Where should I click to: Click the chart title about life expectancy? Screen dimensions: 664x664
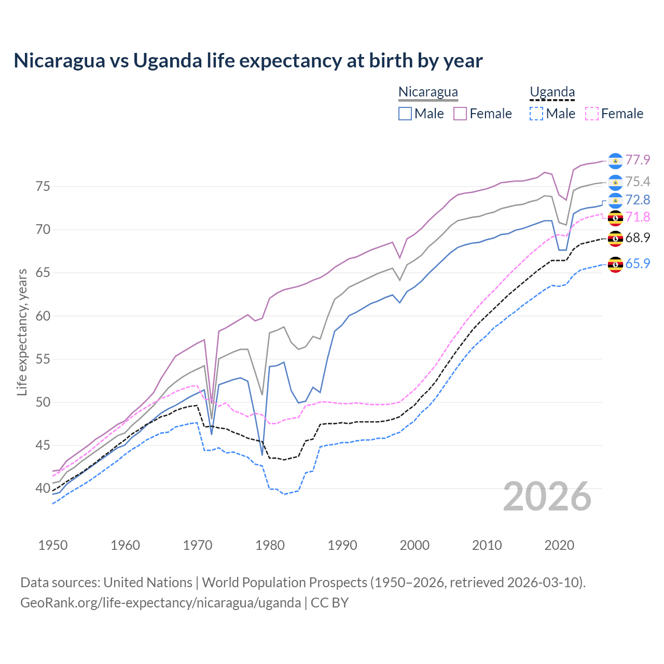(x=248, y=61)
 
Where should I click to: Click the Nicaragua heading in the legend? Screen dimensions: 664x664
(x=428, y=92)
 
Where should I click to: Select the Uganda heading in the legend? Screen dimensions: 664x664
(x=552, y=92)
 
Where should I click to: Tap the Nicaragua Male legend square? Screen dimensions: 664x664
(x=405, y=114)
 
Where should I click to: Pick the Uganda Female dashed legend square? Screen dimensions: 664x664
(x=592, y=114)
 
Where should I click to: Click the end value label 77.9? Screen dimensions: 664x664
(x=638, y=160)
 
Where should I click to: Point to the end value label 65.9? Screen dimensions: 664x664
(x=638, y=264)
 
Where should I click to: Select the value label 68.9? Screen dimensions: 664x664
(x=638, y=238)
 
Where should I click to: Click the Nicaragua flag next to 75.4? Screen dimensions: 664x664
(x=615, y=182)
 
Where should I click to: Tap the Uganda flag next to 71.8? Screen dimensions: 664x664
(x=615, y=218)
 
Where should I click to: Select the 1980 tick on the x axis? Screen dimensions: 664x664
(x=270, y=545)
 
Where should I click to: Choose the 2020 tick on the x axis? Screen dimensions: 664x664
(x=559, y=545)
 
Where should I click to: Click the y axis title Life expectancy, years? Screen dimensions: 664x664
(x=22, y=332)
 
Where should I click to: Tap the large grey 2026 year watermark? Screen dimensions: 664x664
(x=547, y=496)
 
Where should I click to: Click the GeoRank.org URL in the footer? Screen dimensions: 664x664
(x=161, y=603)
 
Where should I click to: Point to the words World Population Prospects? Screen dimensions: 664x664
(x=284, y=583)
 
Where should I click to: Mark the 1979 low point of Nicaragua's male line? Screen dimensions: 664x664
(x=262, y=454)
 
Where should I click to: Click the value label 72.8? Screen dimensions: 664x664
(x=638, y=200)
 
